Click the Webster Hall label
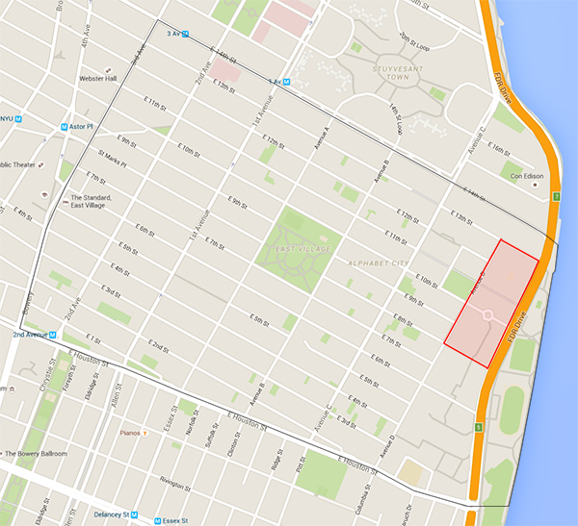coord(98,78)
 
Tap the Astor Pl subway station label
coord(79,125)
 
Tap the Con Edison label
coord(526,188)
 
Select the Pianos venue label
coord(132,433)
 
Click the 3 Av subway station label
coord(174,34)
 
